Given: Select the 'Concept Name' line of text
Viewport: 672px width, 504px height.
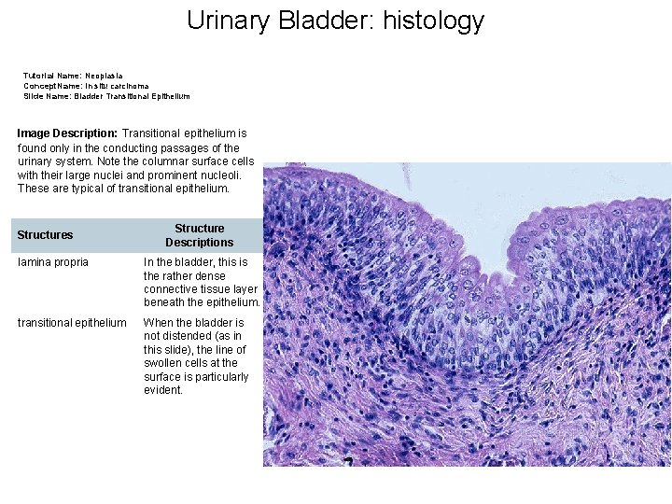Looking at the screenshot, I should [x=86, y=85].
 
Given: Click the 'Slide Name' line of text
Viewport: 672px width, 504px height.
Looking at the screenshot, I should [x=106, y=95].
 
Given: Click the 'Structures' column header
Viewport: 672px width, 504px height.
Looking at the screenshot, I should [x=45, y=235].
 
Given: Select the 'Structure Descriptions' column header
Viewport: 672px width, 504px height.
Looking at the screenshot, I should [x=199, y=235].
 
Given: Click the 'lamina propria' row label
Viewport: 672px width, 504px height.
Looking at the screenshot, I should [x=53, y=262].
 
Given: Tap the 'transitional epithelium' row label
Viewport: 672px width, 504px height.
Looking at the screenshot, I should [x=72, y=323].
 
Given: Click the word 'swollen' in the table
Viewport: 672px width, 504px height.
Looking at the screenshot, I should [x=162, y=363].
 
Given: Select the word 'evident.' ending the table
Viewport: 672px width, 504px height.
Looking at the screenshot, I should [x=163, y=390].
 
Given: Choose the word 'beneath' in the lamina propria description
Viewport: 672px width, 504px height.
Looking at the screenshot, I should [x=164, y=302].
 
